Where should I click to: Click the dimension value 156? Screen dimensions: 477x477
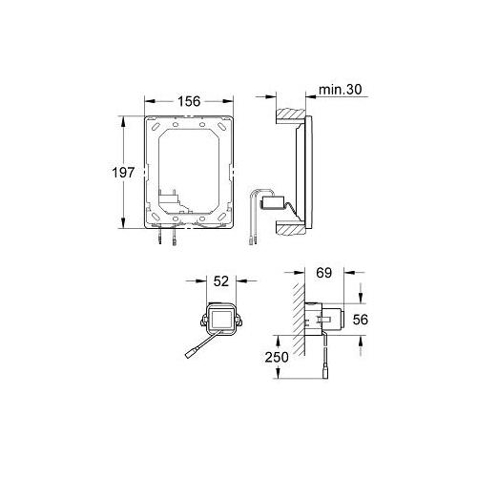pos(189,101)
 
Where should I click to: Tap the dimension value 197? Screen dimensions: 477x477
pos(123,173)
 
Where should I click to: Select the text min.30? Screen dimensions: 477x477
pos(341,90)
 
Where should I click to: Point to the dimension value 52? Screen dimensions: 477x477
pos(221,281)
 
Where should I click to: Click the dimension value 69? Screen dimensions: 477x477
pos(324,273)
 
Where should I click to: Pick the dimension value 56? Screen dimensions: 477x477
pos(361,320)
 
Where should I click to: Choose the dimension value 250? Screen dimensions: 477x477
pos(277,357)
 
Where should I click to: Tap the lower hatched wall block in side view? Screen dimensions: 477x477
pos(291,228)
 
